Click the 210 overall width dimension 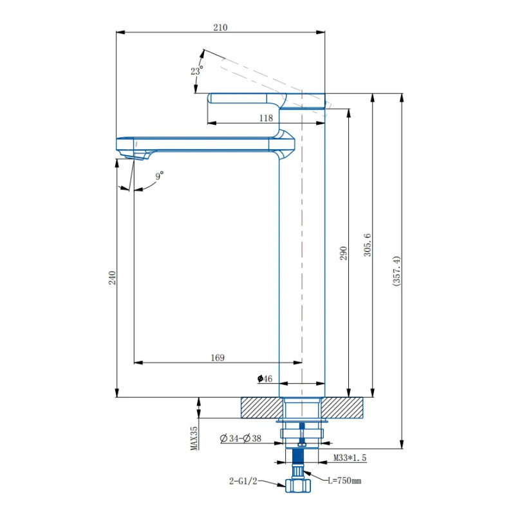click(x=221, y=27)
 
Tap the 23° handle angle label click(x=197, y=70)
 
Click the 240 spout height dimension click(x=111, y=278)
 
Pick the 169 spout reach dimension click(x=217, y=358)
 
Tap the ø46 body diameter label click(x=265, y=379)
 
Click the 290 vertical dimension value click(x=343, y=253)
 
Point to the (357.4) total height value click(x=397, y=270)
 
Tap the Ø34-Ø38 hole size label click(x=241, y=438)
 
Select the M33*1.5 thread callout click(x=350, y=458)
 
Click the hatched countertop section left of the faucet click(x=261, y=407)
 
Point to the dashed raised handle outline click(x=257, y=74)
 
